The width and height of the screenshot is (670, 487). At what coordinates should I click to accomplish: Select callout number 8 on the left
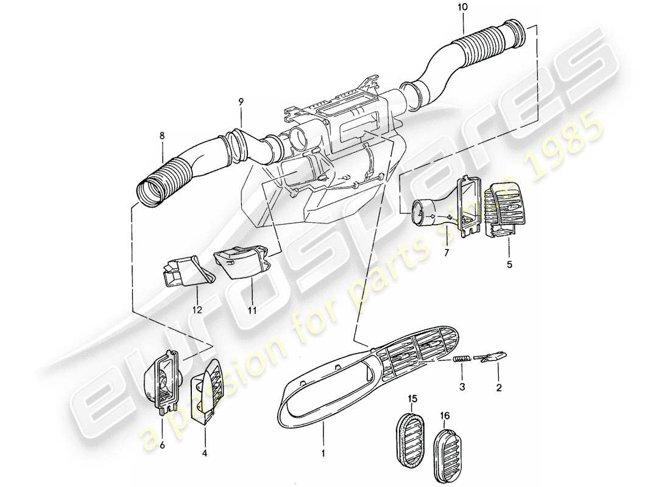coord(162,136)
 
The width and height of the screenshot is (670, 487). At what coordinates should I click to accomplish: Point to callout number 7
coord(446,252)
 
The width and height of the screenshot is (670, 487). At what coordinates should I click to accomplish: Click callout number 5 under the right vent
coord(509,265)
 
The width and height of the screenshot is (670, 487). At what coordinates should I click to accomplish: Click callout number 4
coord(205,436)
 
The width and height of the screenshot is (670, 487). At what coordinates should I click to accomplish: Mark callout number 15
coord(413,399)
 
